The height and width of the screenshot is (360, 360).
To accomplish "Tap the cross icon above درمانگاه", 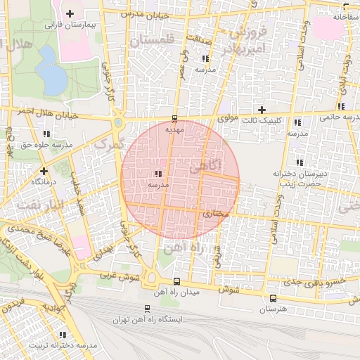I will (44, 171).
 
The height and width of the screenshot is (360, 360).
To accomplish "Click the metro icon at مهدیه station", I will (175, 118).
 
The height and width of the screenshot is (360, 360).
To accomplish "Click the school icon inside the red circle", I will (157, 173).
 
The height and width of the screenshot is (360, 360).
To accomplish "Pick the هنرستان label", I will (273, 310).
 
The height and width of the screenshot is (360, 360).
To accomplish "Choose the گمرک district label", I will (108, 143).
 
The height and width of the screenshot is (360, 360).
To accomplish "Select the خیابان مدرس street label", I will (147, 13).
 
